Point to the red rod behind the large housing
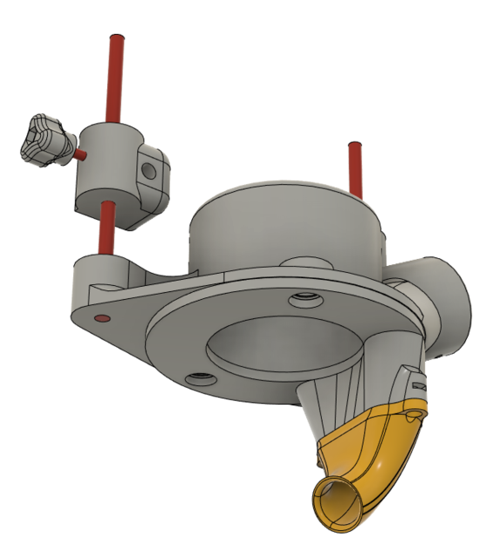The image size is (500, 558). [354, 170]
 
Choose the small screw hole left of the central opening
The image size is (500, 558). [200, 379]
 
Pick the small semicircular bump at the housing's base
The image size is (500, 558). [305, 262]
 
